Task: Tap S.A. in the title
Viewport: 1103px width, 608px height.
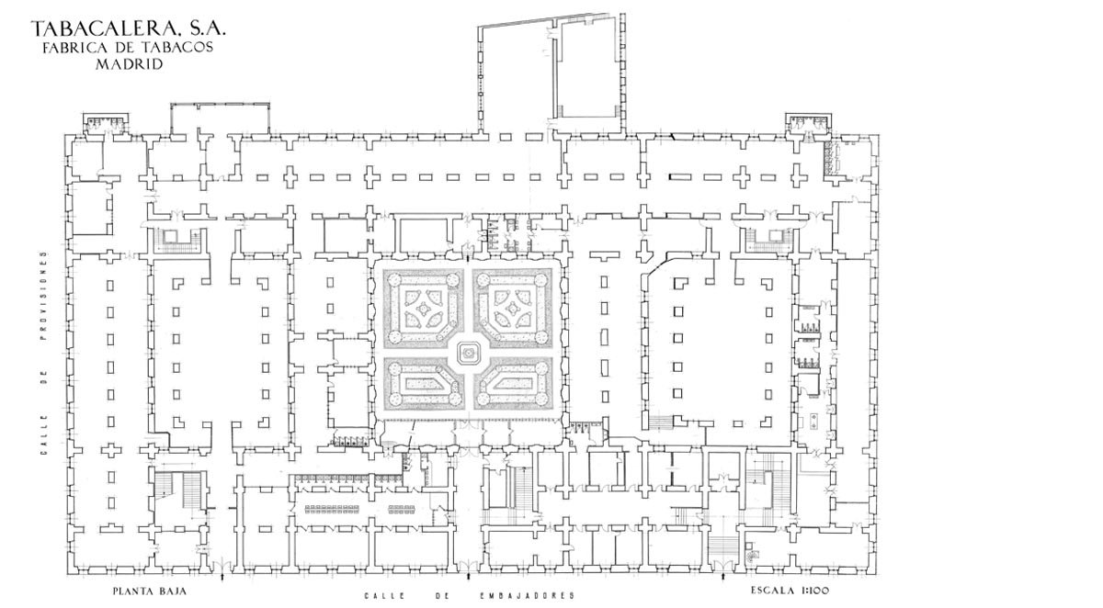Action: [x=207, y=29]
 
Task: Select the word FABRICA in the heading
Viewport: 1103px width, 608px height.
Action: [x=71, y=47]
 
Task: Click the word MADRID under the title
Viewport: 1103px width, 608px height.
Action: [x=129, y=64]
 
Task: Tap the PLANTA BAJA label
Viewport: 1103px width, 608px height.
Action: [x=150, y=591]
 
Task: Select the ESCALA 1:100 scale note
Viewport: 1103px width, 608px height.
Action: [x=790, y=591]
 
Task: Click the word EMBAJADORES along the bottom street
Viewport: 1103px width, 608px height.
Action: [x=528, y=596]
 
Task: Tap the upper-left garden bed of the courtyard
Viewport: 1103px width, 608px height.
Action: [x=423, y=308]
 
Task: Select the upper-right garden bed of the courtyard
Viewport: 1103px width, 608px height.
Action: [x=513, y=308]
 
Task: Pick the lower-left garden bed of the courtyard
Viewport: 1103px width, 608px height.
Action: [x=423, y=384]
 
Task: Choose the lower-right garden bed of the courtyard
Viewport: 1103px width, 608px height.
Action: [x=513, y=384]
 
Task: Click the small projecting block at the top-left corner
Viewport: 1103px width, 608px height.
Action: [x=107, y=123]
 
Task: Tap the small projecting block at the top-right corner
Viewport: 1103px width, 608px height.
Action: [x=808, y=123]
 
